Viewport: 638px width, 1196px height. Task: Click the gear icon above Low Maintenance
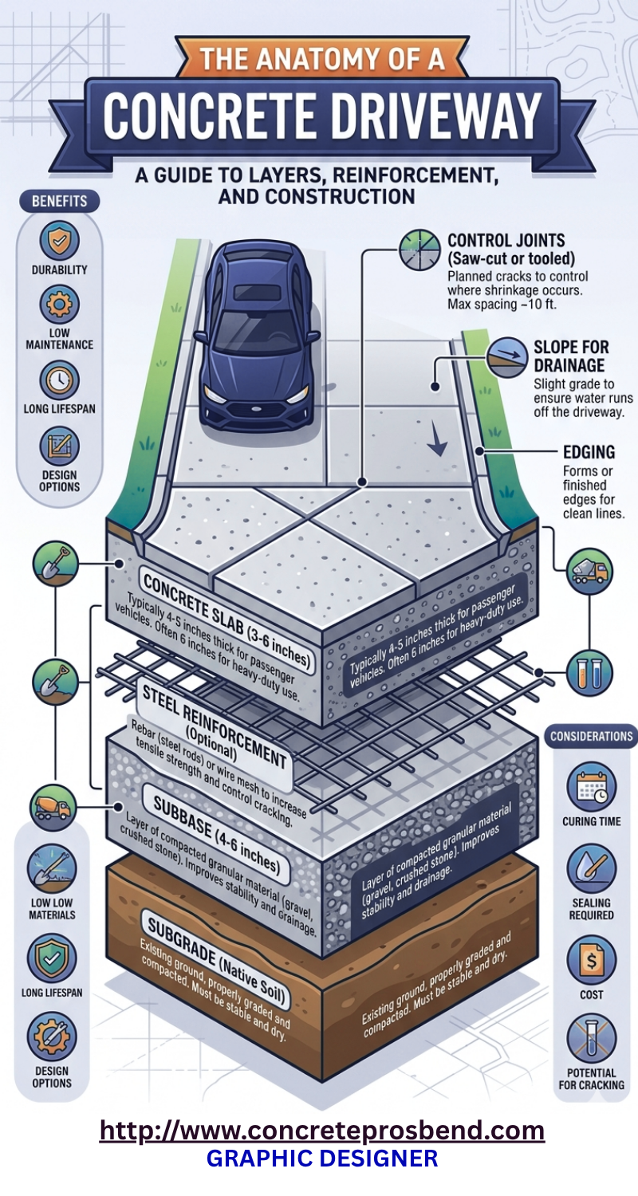click(59, 305)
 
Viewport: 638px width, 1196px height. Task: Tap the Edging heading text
click(579, 451)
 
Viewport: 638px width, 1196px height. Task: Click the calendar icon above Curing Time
click(591, 787)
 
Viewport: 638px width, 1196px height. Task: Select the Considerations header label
click(591, 737)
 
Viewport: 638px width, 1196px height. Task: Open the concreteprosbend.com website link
click(321, 1130)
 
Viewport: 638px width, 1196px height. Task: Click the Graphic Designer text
click(321, 1158)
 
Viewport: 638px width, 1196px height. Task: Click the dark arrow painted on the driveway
click(435, 440)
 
